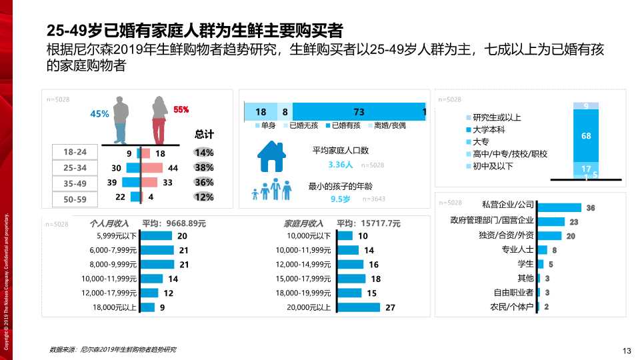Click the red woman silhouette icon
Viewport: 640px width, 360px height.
coord(159,120)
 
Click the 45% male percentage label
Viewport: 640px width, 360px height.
coord(99,114)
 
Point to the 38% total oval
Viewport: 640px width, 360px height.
coord(204,167)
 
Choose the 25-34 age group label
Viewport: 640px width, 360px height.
coord(75,167)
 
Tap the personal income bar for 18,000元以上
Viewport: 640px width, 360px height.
coord(147,307)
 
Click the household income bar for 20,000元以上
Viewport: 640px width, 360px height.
coord(358,307)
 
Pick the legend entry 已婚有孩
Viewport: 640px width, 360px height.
coord(342,125)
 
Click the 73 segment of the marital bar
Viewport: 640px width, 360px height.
coord(358,112)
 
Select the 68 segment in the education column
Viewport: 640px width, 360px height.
coord(586,136)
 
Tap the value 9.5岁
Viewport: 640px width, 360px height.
coord(341,199)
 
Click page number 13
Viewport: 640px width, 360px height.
coord(626,351)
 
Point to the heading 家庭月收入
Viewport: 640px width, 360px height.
coord(303,223)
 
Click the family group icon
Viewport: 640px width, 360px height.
coord(272,191)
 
